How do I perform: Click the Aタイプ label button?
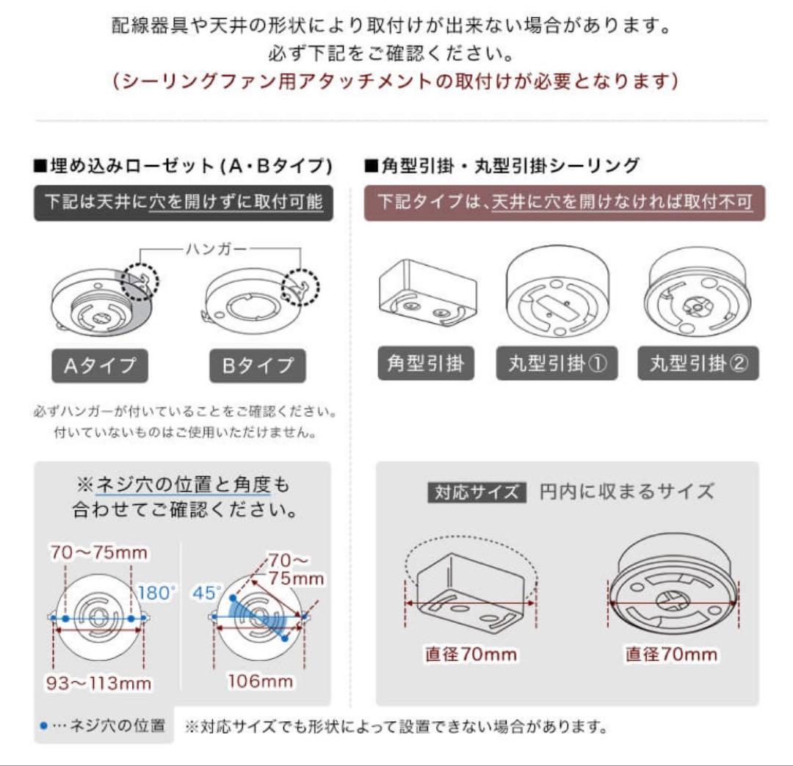pos(99,365)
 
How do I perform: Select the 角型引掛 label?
pos(425,363)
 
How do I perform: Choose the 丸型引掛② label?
pos(698,363)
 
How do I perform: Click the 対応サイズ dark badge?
pos(477,492)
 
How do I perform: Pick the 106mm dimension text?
pos(259,681)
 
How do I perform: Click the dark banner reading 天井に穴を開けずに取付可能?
pos(184,203)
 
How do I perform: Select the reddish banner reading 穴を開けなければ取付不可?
pos(565,203)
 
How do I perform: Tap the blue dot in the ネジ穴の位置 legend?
pos(43,726)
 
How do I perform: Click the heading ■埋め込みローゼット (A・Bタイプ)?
pos(184,166)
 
